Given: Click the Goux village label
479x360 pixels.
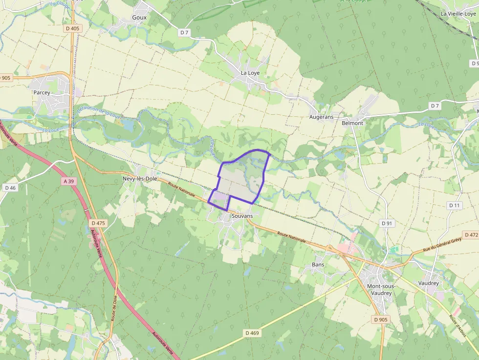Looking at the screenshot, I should coord(139,18).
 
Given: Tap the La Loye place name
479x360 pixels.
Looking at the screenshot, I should coord(250,73).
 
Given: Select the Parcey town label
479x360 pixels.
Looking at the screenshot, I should coord(42,92).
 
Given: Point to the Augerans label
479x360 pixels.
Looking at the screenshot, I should coord(321,117).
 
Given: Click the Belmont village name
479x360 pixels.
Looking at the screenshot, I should coord(352,123).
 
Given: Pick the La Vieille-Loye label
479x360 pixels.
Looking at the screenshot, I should coord(458,14).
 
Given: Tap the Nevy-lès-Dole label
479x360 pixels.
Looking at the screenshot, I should coord(140,179).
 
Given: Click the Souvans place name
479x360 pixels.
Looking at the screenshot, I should coord(242,216).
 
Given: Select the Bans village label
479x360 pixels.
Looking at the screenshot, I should coord(318,265).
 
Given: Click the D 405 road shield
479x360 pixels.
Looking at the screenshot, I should coord(72,29).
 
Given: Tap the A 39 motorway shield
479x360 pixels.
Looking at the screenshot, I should coord(69,181).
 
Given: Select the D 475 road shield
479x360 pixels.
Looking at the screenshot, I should coord(98,223).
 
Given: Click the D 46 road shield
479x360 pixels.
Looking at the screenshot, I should coord(10,188).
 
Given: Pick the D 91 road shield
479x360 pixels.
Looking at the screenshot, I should coord(387,223).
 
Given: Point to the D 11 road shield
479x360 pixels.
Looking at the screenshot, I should coord(455,206).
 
